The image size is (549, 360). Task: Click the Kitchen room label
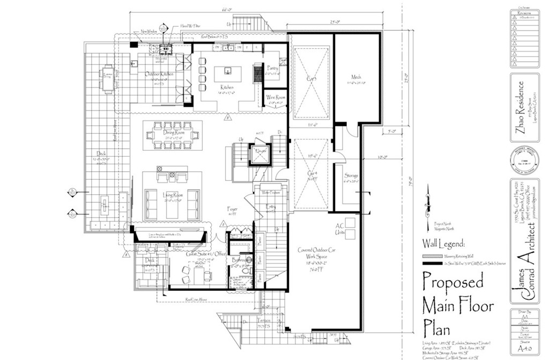click(226, 86)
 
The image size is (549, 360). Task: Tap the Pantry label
click(273, 69)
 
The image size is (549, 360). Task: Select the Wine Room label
click(275, 97)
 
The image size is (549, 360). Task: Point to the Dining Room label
click(174, 133)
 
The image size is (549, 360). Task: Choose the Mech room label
click(357, 77)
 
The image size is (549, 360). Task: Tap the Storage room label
click(351, 176)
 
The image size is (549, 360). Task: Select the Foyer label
click(232, 209)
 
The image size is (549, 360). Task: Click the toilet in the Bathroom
click(246, 271)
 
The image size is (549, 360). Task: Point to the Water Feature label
click(272, 192)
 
